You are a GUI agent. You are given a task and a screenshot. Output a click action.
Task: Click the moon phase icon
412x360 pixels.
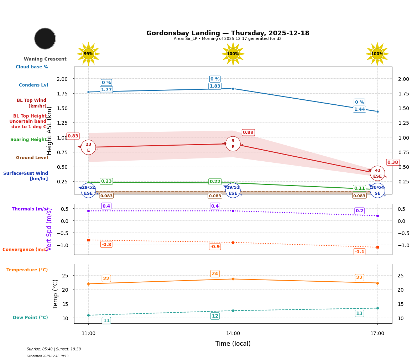(45, 38)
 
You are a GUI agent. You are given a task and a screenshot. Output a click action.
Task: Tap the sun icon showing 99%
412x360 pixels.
(88, 54)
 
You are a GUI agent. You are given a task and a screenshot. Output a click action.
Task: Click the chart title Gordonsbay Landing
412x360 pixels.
(228, 33)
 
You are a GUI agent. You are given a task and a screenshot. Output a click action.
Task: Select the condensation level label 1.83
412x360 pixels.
(215, 86)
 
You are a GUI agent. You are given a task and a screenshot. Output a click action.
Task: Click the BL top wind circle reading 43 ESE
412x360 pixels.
(377, 173)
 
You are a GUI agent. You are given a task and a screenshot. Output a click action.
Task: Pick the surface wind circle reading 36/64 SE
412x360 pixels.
(377, 191)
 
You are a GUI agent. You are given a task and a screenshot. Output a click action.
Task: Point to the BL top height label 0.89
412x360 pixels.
(248, 132)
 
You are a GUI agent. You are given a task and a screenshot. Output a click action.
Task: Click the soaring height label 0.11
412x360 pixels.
(359, 188)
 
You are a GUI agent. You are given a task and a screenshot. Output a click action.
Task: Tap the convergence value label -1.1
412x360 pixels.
(359, 252)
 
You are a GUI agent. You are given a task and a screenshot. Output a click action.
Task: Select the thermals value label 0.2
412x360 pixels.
(359, 211)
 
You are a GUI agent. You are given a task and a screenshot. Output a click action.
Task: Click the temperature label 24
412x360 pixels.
(215, 274)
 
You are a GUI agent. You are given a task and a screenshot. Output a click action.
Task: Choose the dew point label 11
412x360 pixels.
(106, 320)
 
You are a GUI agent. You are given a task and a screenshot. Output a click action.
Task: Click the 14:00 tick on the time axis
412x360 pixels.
(233, 334)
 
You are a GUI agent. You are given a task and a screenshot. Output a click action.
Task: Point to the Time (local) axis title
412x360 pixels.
(233, 344)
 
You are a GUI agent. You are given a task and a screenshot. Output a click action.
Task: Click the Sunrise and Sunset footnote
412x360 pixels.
(54, 349)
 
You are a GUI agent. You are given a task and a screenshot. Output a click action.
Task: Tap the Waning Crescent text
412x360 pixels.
(45, 59)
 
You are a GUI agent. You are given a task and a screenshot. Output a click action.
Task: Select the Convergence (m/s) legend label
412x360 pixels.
(25, 250)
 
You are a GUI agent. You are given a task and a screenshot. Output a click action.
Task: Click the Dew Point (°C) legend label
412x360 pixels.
(30, 318)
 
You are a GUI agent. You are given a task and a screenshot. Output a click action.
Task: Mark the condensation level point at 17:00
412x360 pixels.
(377, 111)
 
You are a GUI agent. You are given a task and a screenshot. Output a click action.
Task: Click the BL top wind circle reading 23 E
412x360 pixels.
(88, 147)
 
